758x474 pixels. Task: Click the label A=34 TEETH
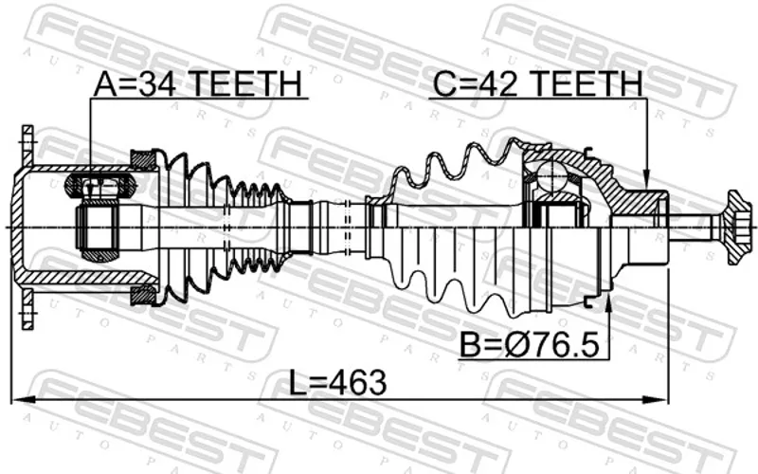click(198, 83)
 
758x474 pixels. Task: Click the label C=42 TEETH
click(538, 83)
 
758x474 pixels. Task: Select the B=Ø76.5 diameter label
click(530, 344)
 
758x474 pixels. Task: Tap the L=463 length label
click(338, 382)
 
